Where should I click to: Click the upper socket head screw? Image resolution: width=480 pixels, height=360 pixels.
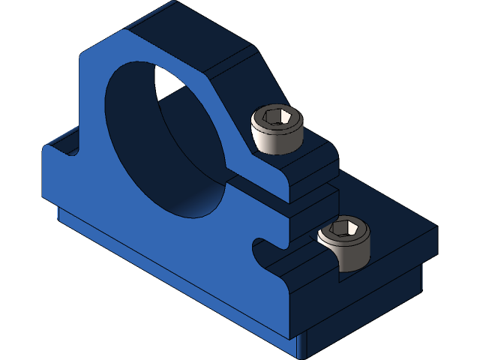(x=277, y=129)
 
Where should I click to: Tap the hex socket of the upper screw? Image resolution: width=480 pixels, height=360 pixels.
(x=277, y=117)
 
